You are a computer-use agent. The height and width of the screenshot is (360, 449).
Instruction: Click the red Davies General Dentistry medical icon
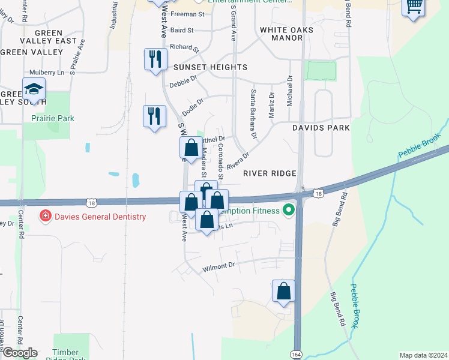44,216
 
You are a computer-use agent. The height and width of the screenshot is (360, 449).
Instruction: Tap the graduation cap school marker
34,90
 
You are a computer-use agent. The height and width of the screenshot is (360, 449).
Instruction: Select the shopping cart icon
413,7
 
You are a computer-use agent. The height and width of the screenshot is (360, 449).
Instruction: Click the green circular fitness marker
289,211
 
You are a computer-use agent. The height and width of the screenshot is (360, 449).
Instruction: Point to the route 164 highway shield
297,354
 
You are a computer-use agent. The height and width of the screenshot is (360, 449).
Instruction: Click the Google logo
19,353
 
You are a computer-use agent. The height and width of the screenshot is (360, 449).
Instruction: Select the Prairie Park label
53,118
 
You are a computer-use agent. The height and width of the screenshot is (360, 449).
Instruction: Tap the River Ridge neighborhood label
270,173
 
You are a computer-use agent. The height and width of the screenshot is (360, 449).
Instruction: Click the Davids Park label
321,128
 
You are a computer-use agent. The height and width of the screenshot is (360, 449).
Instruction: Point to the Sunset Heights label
202,67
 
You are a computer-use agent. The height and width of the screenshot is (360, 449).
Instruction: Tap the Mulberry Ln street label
47,73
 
